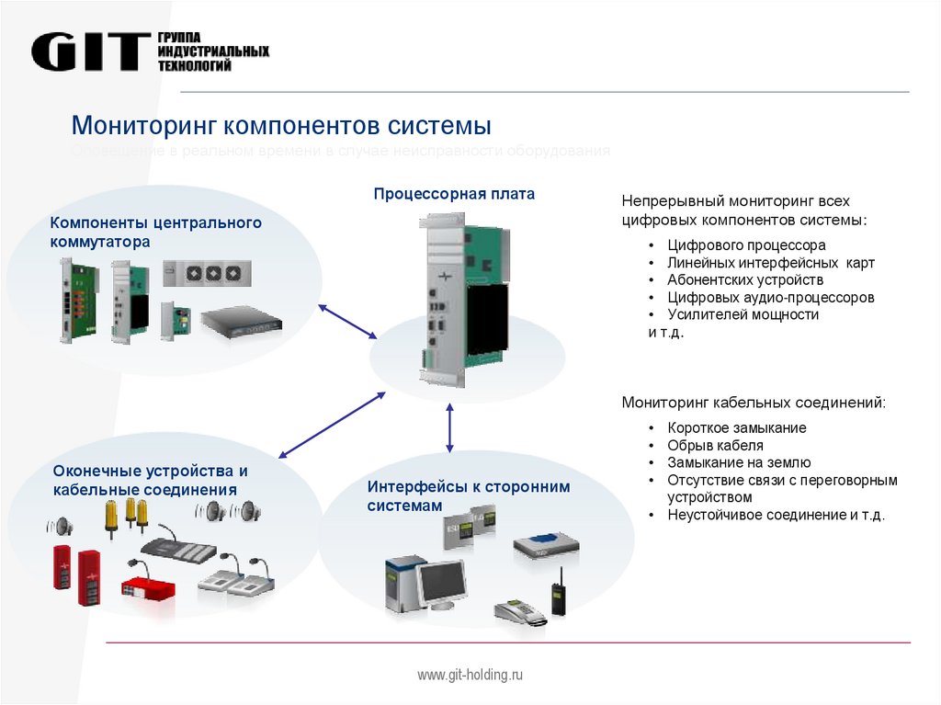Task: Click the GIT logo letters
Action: point(90,52)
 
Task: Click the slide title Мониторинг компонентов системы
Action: point(281,125)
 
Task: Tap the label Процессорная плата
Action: point(453,194)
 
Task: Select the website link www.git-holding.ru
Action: point(470,676)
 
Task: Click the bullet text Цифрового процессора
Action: point(746,245)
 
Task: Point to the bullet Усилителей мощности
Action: point(743,314)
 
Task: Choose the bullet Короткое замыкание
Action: point(737,428)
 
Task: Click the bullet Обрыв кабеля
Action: point(716,446)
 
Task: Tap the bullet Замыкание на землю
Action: point(739,463)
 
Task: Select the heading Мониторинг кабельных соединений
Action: point(754,403)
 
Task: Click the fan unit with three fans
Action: point(208,272)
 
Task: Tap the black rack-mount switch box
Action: point(242,321)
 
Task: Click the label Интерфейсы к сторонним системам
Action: point(469,496)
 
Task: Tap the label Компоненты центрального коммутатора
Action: point(155,232)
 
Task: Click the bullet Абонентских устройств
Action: point(745,280)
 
